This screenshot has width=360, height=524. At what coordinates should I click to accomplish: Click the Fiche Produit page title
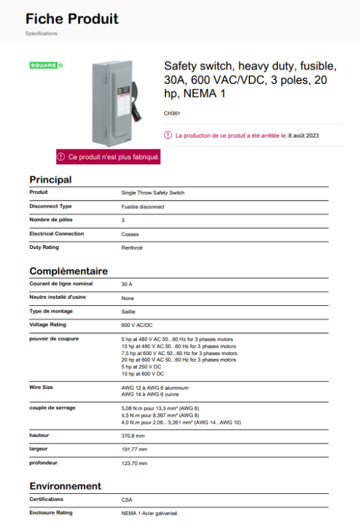(72, 18)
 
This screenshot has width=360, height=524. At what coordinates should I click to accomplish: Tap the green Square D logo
(47, 65)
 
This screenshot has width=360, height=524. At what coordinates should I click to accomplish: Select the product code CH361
(172, 113)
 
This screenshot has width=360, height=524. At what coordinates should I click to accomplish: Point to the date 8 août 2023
(304, 136)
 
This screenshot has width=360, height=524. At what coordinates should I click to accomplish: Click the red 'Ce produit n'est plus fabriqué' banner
(109, 157)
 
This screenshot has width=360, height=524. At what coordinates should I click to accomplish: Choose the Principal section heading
(50, 179)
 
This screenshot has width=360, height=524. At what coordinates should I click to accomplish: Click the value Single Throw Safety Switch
(153, 193)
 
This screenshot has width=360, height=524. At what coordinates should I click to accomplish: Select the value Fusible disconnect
(143, 207)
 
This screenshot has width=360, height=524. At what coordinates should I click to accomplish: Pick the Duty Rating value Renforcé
(132, 248)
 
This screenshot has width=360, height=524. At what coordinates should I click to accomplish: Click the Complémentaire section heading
(69, 271)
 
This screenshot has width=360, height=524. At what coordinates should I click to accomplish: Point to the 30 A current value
(127, 284)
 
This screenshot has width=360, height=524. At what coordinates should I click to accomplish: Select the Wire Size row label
(41, 387)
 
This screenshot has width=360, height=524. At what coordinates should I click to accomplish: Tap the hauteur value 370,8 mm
(134, 436)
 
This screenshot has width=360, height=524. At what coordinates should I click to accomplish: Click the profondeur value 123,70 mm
(135, 463)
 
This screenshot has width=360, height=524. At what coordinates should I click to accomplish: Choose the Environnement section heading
(65, 486)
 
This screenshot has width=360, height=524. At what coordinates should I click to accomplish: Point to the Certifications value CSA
(127, 500)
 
